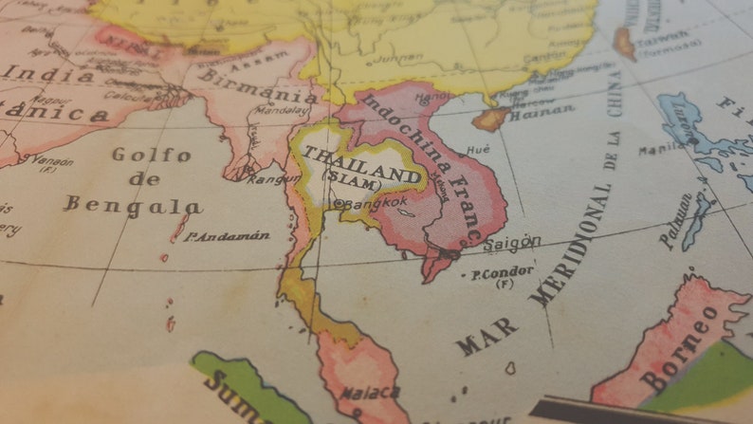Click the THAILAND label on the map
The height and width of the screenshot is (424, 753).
tap(360, 163)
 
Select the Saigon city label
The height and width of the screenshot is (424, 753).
tap(512, 243)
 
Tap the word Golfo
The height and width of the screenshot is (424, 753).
tap(151, 155)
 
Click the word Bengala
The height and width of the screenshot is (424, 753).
tap(133, 205)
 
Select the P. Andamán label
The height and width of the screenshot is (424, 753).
tap(227, 235)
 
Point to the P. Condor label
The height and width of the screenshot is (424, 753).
tap(502, 273)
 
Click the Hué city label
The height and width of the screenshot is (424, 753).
tap(478, 149)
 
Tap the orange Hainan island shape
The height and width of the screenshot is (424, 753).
tap(491, 119)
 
